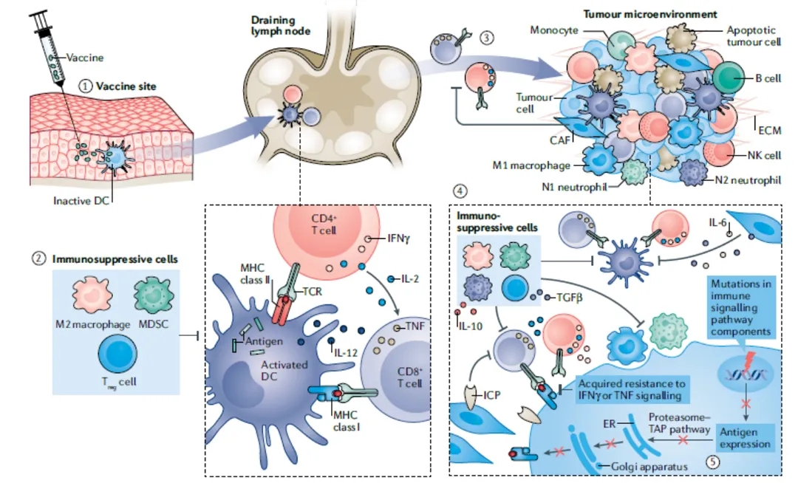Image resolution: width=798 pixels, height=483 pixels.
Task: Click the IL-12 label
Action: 346,354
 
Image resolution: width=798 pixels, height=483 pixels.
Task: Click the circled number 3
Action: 485,38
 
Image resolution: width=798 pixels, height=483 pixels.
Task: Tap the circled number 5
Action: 713,462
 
